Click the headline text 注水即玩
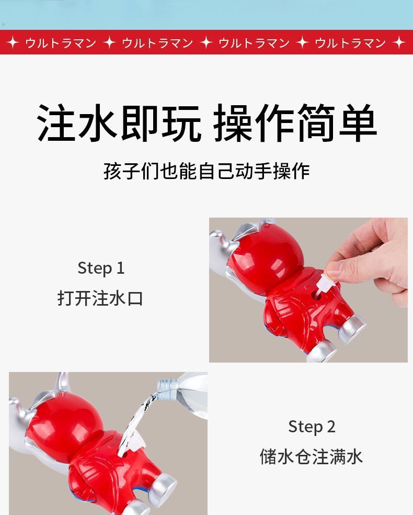coord(119,123)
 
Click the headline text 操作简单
coord(295,123)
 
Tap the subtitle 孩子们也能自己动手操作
coord(206,171)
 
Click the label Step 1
coord(101,268)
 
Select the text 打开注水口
coord(100,298)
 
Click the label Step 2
coord(312,427)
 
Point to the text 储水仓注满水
coord(311,456)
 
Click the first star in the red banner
coord(13,43)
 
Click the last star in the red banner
coord(399,43)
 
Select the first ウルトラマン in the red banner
coord(61,43)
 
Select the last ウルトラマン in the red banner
coord(350,43)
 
